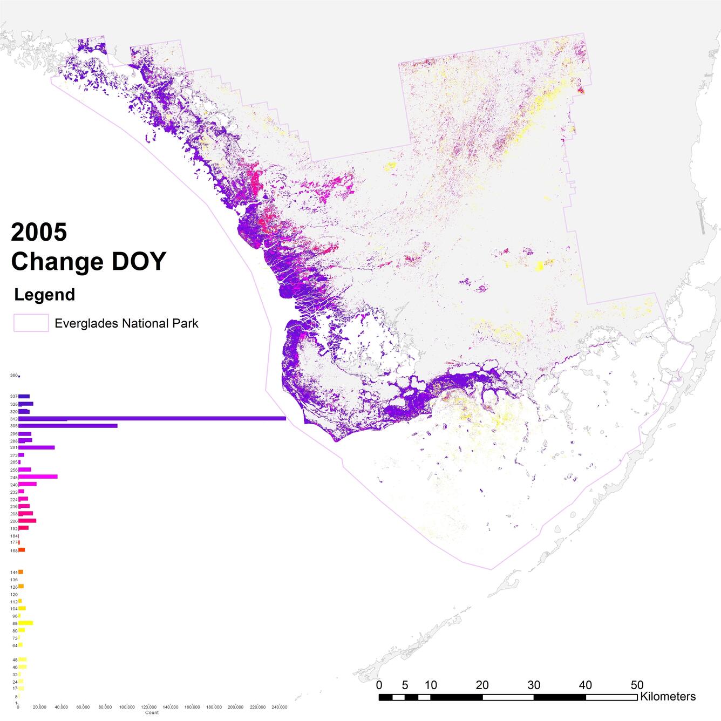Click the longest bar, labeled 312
click(151, 418)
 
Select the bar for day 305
click(67, 426)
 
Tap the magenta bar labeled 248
click(38, 477)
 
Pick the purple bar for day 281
click(36, 447)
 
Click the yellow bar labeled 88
click(25, 623)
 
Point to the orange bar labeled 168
click(22, 550)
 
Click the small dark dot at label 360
click(19, 376)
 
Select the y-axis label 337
click(13, 397)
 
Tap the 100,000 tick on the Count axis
click(127, 707)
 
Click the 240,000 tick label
click(279, 707)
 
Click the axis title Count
click(152, 713)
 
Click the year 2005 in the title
click(39, 232)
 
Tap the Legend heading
click(44, 295)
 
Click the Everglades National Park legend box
click(31, 323)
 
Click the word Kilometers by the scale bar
click(668, 696)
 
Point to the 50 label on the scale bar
click(637, 685)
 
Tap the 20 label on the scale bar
click(482, 685)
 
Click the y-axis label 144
click(13, 572)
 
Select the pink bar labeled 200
click(27, 521)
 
